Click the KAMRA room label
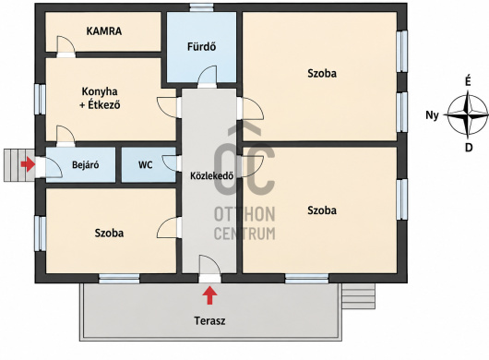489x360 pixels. pyautogui.click(x=104, y=31)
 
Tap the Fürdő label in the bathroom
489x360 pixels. pyautogui.click(x=201, y=47)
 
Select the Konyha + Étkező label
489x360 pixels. pyautogui.click(x=100, y=98)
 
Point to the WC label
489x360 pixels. pyautogui.click(x=146, y=164)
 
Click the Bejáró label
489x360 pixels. pyautogui.click(x=85, y=164)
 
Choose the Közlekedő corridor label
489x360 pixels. pyautogui.click(x=212, y=176)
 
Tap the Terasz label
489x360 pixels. pyautogui.click(x=209, y=320)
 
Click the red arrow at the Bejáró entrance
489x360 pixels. pyautogui.click(x=28, y=164)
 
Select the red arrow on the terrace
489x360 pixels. pyautogui.click(x=209, y=295)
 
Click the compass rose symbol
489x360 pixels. pyautogui.click(x=468, y=115)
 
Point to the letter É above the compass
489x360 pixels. pyautogui.click(x=468, y=82)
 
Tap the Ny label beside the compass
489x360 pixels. pyautogui.click(x=432, y=115)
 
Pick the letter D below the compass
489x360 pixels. pyautogui.click(x=469, y=148)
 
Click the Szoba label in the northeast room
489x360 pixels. pyautogui.click(x=322, y=74)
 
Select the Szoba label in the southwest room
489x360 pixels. pyautogui.click(x=109, y=233)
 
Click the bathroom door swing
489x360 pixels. pyautogui.click(x=207, y=77)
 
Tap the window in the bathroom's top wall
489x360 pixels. pyautogui.click(x=202, y=7)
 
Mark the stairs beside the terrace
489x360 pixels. pyautogui.click(x=358, y=296)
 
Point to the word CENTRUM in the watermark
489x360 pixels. pyautogui.click(x=244, y=234)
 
